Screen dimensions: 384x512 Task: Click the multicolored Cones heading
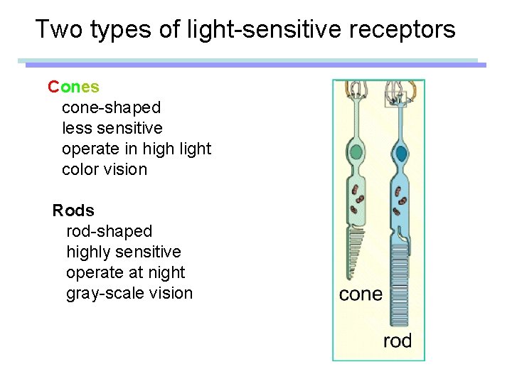(x=73, y=87)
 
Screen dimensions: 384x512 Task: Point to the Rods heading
(x=73, y=210)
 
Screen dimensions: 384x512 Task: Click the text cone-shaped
(x=112, y=107)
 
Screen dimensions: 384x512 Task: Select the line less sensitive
(x=112, y=128)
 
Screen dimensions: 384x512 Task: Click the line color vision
(x=105, y=169)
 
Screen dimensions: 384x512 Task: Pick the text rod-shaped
(x=109, y=231)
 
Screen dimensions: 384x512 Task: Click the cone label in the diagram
(x=361, y=294)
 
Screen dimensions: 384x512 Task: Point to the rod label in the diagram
(x=398, y=341)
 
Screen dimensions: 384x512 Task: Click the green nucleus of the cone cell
(x=356, y=152)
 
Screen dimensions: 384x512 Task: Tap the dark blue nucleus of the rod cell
(x=401, y=154)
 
